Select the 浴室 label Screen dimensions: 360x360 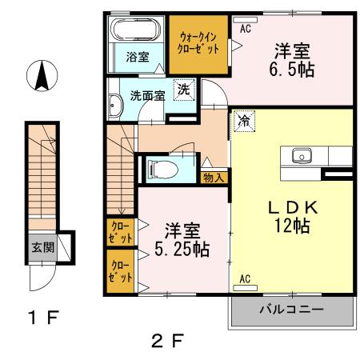click(x=138, y=57)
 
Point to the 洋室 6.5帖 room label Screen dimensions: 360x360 click(x=292, y=58)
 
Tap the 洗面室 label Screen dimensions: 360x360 click(x=147, y=94)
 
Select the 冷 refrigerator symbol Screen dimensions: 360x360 click(x=242, y=122)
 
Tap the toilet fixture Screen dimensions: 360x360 click(x=159, y=169)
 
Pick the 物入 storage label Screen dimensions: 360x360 click(x=214, y=177)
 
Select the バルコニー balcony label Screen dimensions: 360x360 click(x=290, y=308)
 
